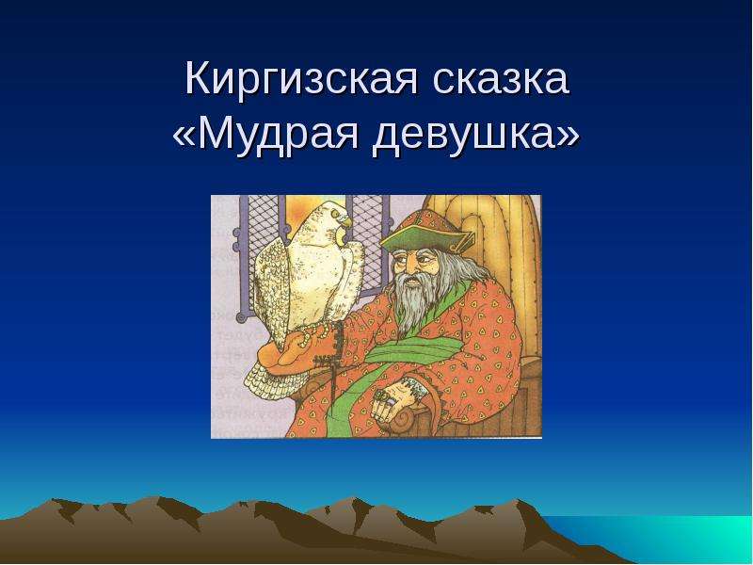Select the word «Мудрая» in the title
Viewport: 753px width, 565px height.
point(278,134)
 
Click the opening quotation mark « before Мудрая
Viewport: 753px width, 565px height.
point(184,136)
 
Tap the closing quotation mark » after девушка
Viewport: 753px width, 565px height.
point(568,136)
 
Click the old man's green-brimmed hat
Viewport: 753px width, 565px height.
point(426,234)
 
